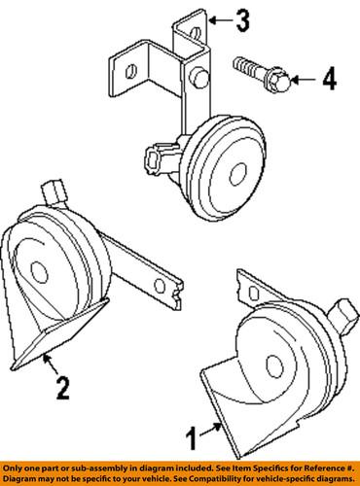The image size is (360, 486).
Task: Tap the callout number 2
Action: [x=60, y=390]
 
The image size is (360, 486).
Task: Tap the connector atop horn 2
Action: [x=55, y=191]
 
